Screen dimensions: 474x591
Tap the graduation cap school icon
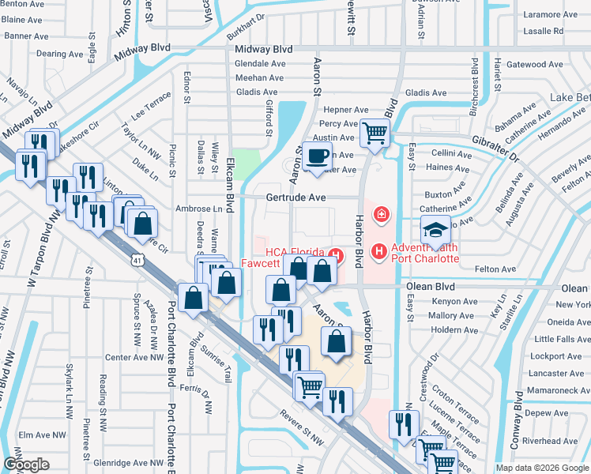pyautogui.click(x=435, y=230)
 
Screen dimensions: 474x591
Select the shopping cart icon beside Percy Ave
pyautogui.click(x=375, y=132)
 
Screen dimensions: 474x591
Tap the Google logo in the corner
pyautogui.click(x=26, y=465)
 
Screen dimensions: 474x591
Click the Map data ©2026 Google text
pyautogui.click(x=542, y=468)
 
